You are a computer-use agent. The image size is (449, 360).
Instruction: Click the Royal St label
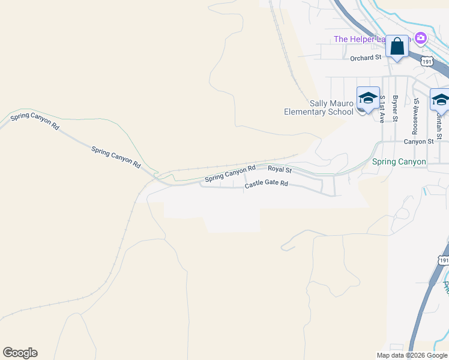279,170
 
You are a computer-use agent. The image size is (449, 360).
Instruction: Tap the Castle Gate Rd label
266,185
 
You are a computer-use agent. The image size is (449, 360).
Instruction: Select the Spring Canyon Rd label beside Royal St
230,174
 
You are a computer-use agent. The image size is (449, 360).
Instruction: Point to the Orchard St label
366,58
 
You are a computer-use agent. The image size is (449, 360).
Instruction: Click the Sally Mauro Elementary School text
319,108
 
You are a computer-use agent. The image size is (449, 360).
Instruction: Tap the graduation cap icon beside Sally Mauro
367,98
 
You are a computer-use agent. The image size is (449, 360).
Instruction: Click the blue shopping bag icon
397,46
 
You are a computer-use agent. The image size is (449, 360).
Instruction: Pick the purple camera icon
420,38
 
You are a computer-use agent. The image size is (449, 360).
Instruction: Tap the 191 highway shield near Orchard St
427,61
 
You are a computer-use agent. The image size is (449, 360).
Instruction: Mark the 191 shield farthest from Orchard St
444,260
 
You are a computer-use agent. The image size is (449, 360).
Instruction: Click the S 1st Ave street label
382,109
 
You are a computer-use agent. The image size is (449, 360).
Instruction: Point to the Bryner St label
395,108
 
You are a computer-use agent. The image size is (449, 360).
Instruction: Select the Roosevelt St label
415,116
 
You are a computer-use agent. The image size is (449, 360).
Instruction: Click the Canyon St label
418,142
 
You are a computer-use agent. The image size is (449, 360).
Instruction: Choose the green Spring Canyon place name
399,162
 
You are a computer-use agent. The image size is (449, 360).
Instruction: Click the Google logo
20,353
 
